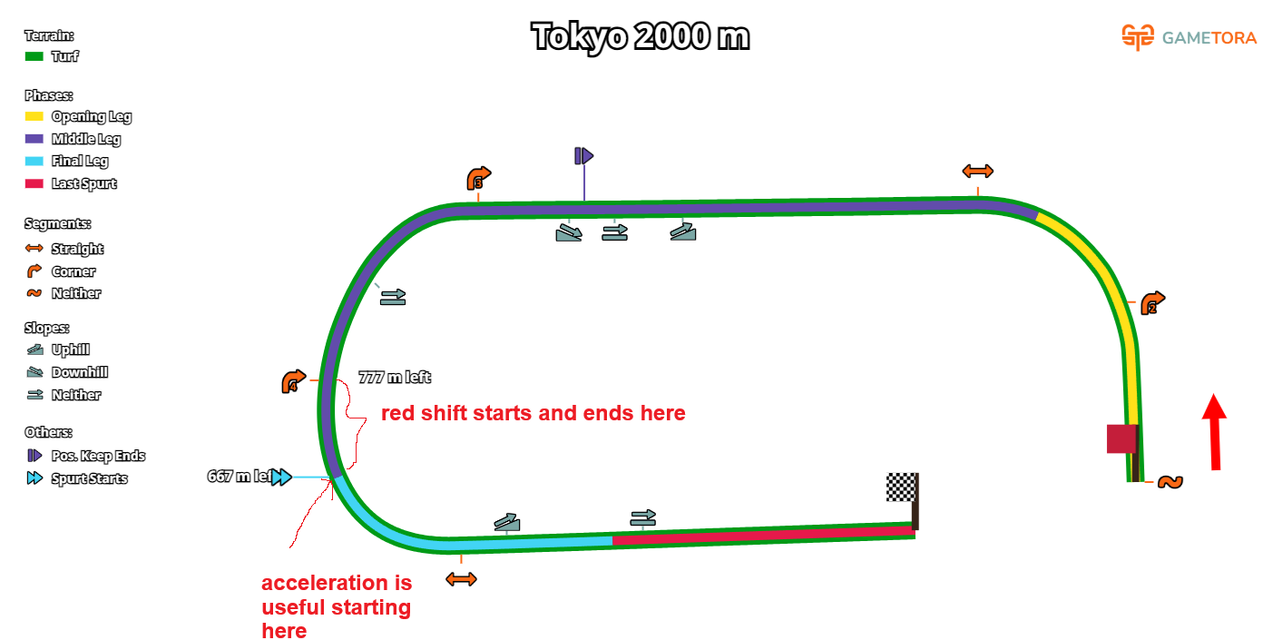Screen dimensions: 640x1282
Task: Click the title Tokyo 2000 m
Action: [640, 37]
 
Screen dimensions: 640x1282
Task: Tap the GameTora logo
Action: [1189, 37]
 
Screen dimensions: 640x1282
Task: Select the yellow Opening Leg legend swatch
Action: [34, 116]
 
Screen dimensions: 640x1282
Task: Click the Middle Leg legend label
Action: [86, 139]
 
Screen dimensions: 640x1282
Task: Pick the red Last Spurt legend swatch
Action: [34, 183]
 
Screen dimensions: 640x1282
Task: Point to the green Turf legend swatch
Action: [34, 56]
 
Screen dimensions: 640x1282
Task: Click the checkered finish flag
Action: [901, 487]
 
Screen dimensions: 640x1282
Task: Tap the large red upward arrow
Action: [1215, 430]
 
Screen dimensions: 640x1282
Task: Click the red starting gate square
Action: [1121, 438]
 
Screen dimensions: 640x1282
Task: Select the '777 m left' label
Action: [395, 378]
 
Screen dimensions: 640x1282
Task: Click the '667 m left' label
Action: [240, 477]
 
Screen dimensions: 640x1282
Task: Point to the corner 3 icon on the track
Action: [478, 178]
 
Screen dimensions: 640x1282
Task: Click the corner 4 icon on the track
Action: [293, 382]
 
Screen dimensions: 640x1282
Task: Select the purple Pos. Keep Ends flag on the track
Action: [583, 156]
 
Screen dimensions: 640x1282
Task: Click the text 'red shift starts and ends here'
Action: [533, 414]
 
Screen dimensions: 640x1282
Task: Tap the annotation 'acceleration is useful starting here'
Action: [336, 606]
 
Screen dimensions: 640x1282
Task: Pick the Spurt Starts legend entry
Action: [89, 478]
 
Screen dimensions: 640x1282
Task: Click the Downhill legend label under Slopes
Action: [79, 372]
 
